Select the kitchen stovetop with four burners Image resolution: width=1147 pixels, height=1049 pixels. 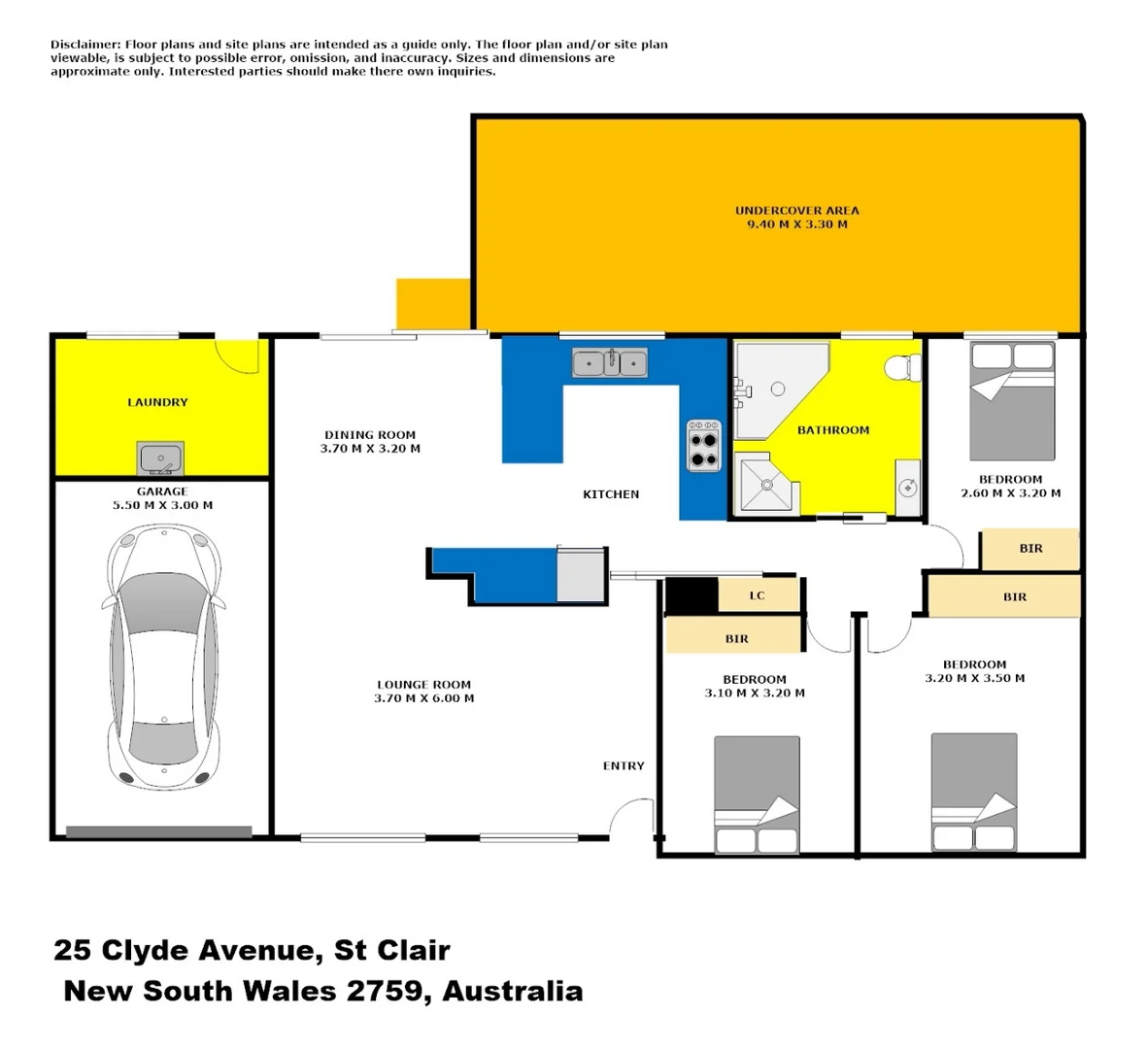(x=703, y=446)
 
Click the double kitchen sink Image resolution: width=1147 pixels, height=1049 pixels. (x=610, y=363)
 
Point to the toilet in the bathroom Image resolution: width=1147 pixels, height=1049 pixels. (x=901, y=368)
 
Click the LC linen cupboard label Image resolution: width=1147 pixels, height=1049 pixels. (x=757, y=595)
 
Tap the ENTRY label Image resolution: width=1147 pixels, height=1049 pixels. (x=624, y=766)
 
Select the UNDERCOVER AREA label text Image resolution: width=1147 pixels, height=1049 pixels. (x=796, y=211)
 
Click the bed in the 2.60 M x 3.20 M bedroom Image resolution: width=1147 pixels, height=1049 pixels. (x=1012, y=401)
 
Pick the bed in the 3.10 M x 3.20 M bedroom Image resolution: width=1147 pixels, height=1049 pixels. (x=757, y=795)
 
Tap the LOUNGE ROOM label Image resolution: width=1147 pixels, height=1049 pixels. (x=423, y=685)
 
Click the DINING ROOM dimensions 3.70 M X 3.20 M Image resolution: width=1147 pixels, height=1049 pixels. (x=370, y=450)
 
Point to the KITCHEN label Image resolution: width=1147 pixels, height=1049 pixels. (x=611, y=494)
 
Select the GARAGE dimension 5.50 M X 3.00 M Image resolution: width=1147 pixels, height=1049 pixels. (x=162, y=506)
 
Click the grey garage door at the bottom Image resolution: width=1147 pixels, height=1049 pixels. (x=158, y=831)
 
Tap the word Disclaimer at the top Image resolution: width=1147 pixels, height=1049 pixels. (x=85, y=45)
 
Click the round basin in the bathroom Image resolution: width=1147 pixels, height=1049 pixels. (x=907, y=487)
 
